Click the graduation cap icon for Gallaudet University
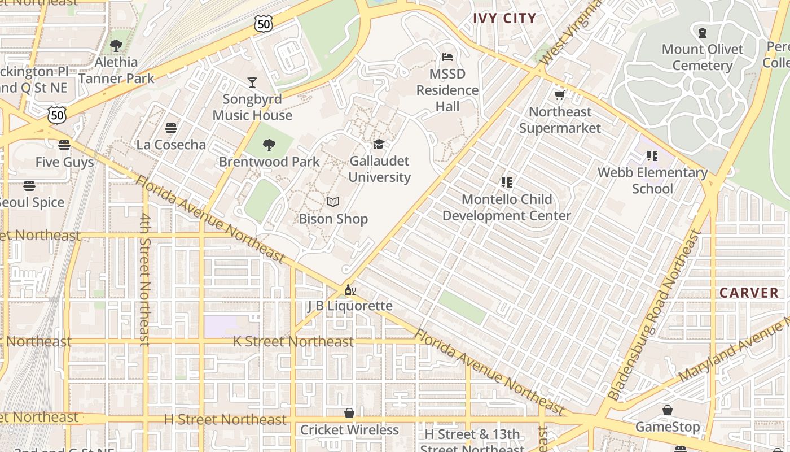click(378, 145)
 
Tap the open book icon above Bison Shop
click(333, 202)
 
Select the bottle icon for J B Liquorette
click(350, 290)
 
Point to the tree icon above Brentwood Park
click(269, 145)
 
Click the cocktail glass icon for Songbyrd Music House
click(252, 82)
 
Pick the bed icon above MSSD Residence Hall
click(447, 57)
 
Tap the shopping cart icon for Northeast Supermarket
click(560, 95)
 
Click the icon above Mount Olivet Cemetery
click(703, 33)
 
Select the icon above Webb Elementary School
click(652, 156)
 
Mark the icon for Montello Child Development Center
click(506, 182)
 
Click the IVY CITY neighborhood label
click(504, 18)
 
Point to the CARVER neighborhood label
click(749, 293)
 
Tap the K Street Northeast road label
click(293, 341)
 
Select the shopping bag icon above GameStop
click(668, 410)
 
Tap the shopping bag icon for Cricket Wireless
click(349, 413)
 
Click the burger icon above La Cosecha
click(171, 128)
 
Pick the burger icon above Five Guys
click(64, 145)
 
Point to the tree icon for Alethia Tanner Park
click(116, 46)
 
